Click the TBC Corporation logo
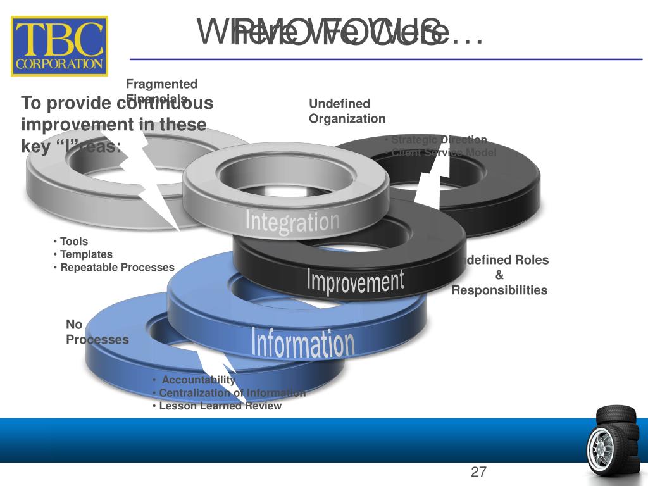pos(61,46)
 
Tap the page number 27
pos(478,471)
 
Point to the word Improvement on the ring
pos(355,281)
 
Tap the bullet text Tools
pos(73,241)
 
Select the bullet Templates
pos(86,254)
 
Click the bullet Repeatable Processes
pos(116,268)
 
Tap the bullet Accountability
pos(198,380)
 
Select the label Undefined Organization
pos(346,111)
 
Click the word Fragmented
pos(161,84)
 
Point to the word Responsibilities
pos(499,290)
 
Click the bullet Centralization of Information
pos(232,393)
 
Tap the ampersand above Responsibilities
pos(499,275)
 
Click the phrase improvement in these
pos(114,125)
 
